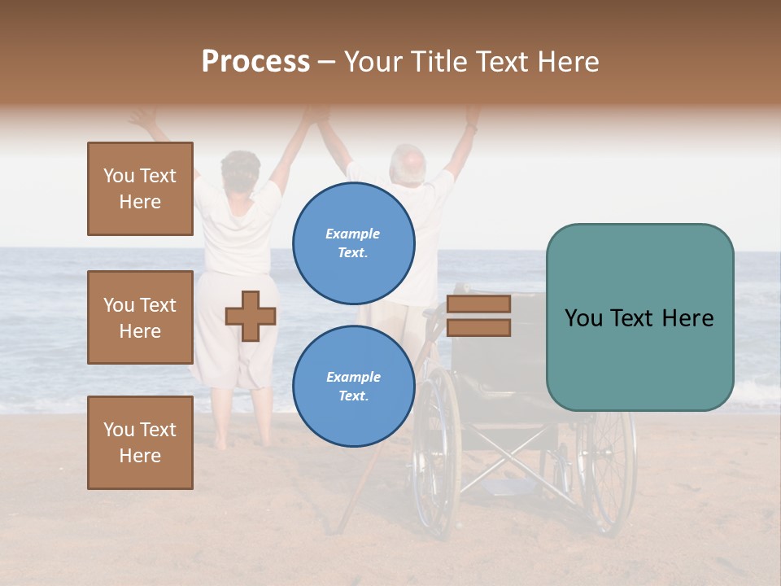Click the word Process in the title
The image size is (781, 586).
point(255,62)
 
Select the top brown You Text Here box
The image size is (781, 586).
point(140,189)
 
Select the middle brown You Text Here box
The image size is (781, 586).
point(140,317)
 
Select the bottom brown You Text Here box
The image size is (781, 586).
point(140,442)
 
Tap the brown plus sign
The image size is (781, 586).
point(251,316)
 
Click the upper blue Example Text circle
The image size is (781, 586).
point(353,243)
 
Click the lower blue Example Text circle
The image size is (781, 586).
point(353,387)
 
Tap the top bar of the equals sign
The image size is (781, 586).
point(478,304)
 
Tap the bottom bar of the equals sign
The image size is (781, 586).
point(478,328)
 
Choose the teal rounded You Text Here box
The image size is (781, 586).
point(639,317)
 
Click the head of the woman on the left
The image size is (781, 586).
point(240,168)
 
